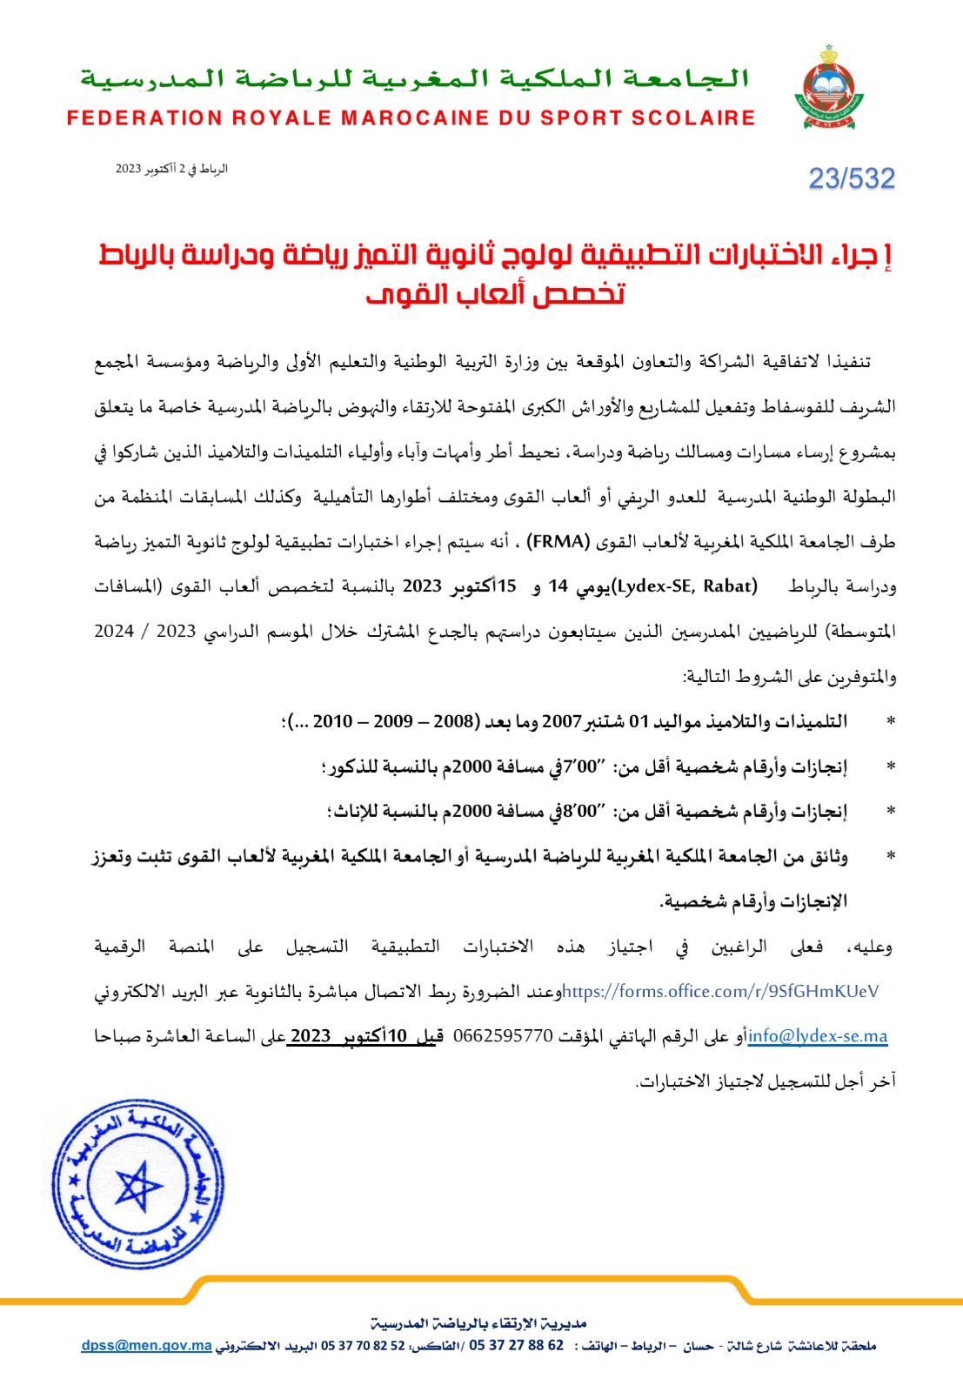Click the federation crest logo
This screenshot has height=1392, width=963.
[x=827, y=88]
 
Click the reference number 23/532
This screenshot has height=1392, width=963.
[x=851, y=178]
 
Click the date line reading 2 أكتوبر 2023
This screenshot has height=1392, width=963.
[x=171, y=169]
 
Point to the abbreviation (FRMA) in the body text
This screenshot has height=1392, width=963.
[x=558, y=542]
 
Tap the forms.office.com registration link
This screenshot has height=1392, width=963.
[x=720, y=991]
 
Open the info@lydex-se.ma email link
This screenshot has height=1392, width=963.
[x=818, y=1036]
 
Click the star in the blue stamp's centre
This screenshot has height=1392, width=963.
[x=138, y=1185]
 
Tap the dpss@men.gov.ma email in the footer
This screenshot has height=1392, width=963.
[x=146, y=1346]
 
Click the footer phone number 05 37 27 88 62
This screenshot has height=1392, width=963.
[x=516, y=1346]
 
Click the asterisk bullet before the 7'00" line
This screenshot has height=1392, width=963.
[x=890, y=766]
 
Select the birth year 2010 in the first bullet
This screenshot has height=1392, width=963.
[x=332, y=721]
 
